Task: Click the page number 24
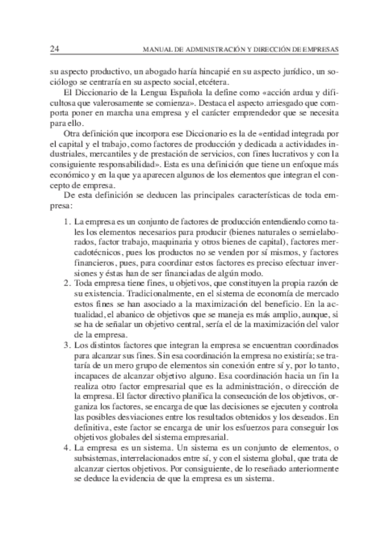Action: (x=54, y=49)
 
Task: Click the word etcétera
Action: (x=211, y=82)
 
